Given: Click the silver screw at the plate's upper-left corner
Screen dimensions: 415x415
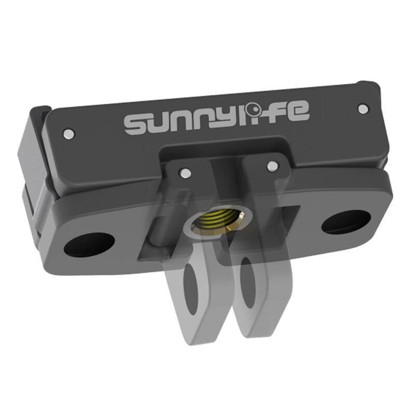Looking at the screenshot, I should [67, 134].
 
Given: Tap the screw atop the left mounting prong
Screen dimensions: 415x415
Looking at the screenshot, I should [184, 172].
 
